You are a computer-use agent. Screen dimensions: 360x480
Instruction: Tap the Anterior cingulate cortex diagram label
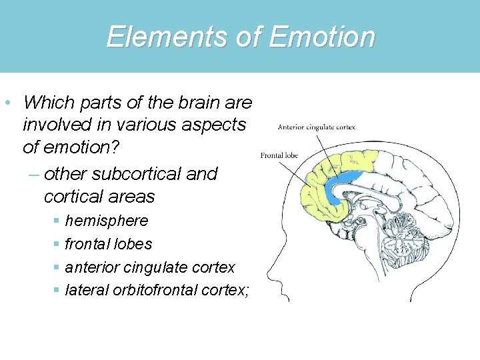tap(316, 127)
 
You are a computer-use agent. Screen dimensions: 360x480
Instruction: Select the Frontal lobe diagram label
tap(279, 156)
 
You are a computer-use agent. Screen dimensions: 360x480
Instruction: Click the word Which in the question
tap(44, 103)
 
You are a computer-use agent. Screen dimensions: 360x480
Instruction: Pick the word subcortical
tap(138, 174)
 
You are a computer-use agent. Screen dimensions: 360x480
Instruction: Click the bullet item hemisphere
tap(107, 221)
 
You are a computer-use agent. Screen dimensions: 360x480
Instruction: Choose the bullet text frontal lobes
tap(109, 244)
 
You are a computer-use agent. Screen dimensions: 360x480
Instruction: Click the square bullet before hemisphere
tap(58, 221)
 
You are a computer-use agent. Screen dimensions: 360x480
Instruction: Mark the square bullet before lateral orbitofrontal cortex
tap(58, 291)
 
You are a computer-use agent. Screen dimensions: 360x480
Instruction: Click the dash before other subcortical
tap(34, 175)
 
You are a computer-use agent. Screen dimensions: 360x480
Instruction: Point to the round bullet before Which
tap(6, 103)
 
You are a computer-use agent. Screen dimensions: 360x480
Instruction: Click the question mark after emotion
tap(107, 147)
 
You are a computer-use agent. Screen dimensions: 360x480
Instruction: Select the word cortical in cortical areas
tap(73, 197)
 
